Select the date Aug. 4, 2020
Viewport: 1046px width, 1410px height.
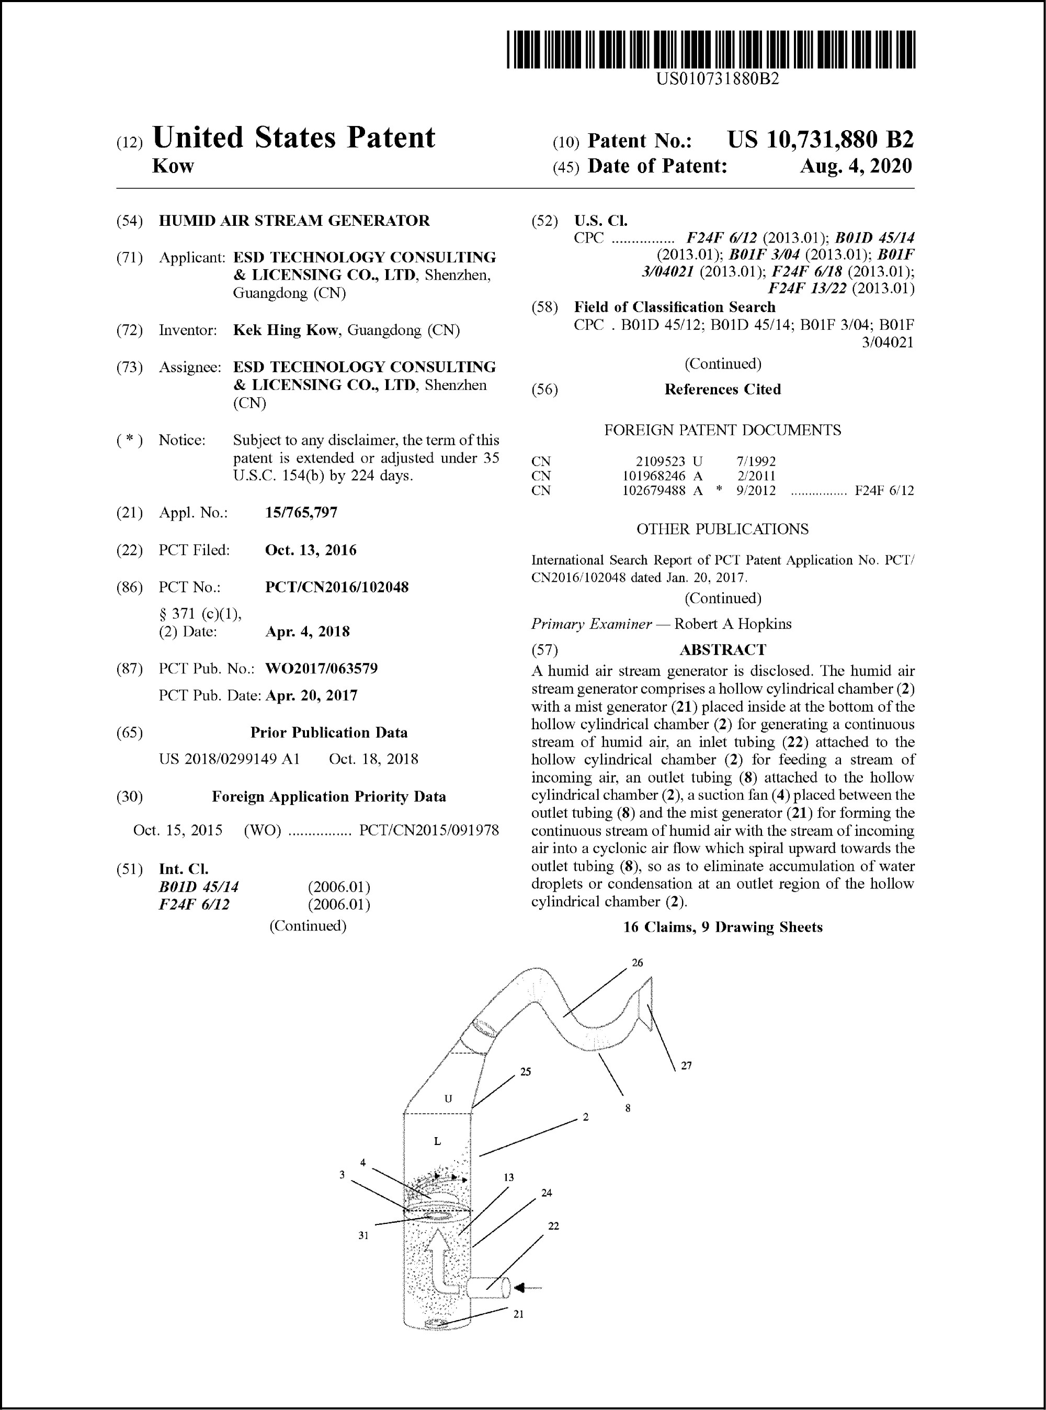click(x=856, y=166)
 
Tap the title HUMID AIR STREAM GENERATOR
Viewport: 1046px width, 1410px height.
click(x=294, y=220)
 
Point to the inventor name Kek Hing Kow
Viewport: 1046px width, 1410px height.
click(x=285, y=330)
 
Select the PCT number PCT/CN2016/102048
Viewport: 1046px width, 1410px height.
click(x=336, y=587)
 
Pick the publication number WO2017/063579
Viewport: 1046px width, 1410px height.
click(x=321, y=668)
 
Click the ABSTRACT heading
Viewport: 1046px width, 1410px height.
click(x=722, y=649)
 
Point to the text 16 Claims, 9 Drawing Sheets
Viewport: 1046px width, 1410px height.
click(x=722, y=927)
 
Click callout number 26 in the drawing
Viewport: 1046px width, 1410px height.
click(x=637, y=963)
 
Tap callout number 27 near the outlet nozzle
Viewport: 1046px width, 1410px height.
click(x=686, y=1065)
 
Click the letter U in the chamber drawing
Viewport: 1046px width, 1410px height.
click(x=448, y=1098)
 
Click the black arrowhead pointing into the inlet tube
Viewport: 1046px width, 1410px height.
click(x=521, y=1287)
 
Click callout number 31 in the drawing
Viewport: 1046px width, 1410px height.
click(x=363, y=1235)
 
